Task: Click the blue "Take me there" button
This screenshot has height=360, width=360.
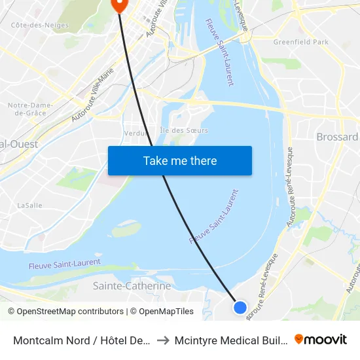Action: (x=180, y=160)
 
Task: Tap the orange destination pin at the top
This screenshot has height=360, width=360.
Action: (x=119, y=5)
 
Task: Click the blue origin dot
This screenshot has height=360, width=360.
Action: (x=240, y=307)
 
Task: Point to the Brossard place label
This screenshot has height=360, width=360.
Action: (x=337, y=137)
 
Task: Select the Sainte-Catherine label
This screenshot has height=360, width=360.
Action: (x=132, y=286)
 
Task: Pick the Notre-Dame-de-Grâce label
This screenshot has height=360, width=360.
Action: (x=26, y=109)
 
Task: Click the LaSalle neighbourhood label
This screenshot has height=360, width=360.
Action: (x=29, y=205)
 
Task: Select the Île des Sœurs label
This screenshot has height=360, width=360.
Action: (x=184, y=130)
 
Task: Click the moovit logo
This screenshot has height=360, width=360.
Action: (x=321, y=339)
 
